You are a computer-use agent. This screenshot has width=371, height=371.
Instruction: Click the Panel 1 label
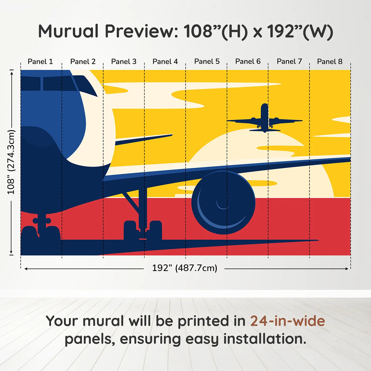(40, 61)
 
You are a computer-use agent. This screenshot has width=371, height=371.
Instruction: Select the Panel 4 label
(165, 61)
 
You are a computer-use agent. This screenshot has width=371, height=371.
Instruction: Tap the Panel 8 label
(330, 61)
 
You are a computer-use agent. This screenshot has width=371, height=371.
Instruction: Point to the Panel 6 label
(248, 61)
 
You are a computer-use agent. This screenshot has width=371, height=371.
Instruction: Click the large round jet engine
(223, 203)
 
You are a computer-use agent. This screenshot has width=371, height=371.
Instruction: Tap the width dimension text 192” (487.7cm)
(184, 268)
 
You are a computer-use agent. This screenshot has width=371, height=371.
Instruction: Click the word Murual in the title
(68, 31)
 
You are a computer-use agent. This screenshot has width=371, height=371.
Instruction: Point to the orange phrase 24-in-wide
(288, 321)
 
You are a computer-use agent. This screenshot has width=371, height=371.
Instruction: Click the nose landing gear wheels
(41, 233)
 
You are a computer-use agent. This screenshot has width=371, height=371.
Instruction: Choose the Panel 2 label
(83, 61)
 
